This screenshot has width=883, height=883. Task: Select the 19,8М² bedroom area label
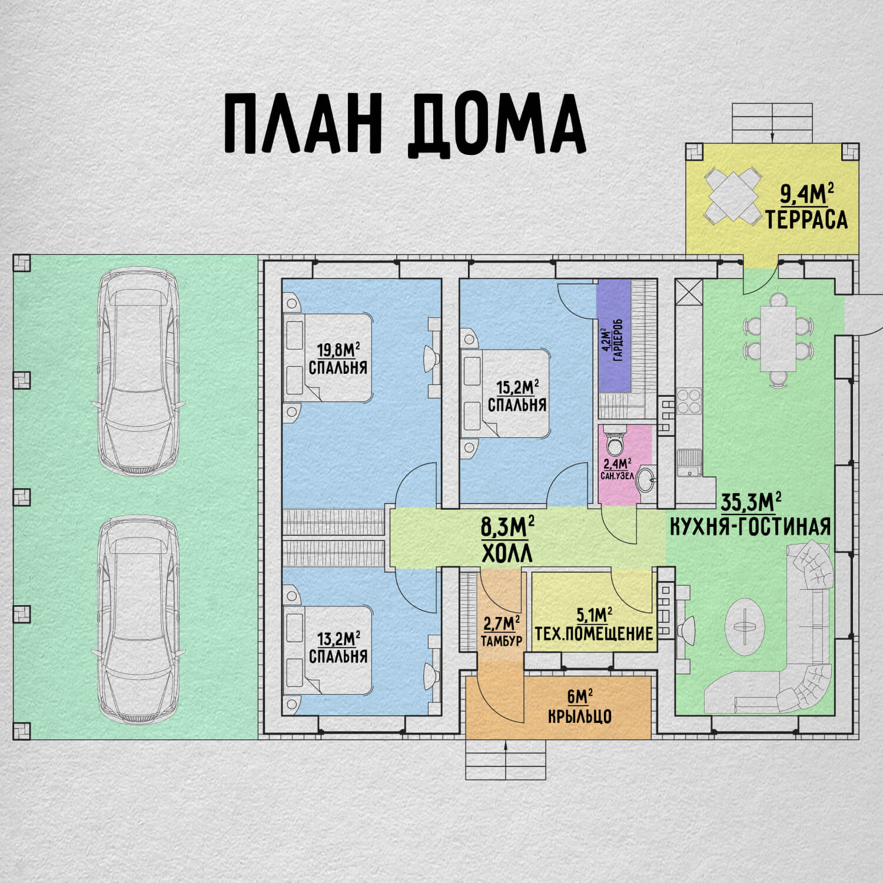[338, 358]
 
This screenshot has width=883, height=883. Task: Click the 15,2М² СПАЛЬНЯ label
[517, 396]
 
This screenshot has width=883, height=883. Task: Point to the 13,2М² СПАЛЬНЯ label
[338, 647]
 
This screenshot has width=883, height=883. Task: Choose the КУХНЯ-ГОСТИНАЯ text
[751, 526]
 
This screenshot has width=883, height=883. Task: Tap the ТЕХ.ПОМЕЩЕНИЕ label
[594, 633]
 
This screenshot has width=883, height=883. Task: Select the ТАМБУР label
[502, 641]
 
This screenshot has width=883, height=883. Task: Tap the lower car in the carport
[139, 618]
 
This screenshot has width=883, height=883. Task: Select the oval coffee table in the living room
[745, 626]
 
